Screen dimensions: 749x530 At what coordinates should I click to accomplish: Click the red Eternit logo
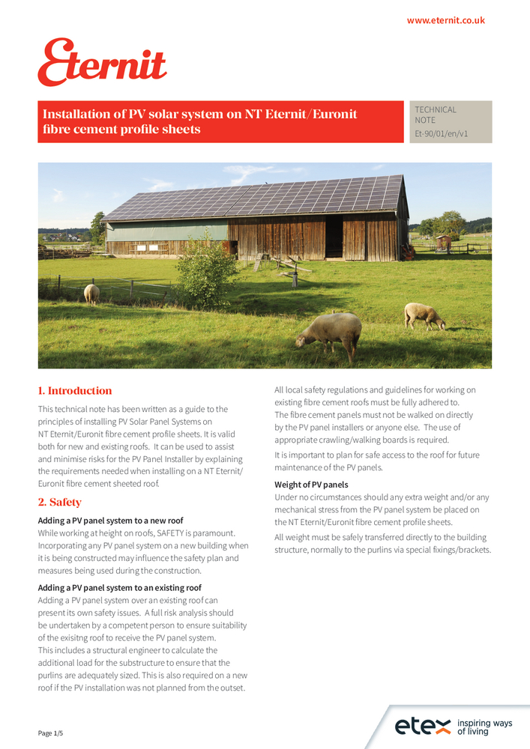(102, 62)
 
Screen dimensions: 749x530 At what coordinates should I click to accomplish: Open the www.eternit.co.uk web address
(445, 20)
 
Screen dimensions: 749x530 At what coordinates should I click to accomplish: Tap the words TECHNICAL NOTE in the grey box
(436, 115)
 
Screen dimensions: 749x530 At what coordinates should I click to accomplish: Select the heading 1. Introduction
(75, 391)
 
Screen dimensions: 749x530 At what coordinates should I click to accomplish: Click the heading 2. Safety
(59, 503)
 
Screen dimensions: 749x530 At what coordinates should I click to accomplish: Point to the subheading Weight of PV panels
(311, 485)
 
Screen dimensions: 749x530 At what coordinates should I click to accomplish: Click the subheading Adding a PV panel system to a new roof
(110, 521)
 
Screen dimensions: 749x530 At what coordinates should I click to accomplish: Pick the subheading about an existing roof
(120, 588)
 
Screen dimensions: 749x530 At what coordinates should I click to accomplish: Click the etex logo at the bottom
(423, 725)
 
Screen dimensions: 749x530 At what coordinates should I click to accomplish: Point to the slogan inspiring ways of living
(484, 727)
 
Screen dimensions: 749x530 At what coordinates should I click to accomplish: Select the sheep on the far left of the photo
(91, 293)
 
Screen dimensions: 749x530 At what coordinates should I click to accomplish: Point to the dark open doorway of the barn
(334, 237)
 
